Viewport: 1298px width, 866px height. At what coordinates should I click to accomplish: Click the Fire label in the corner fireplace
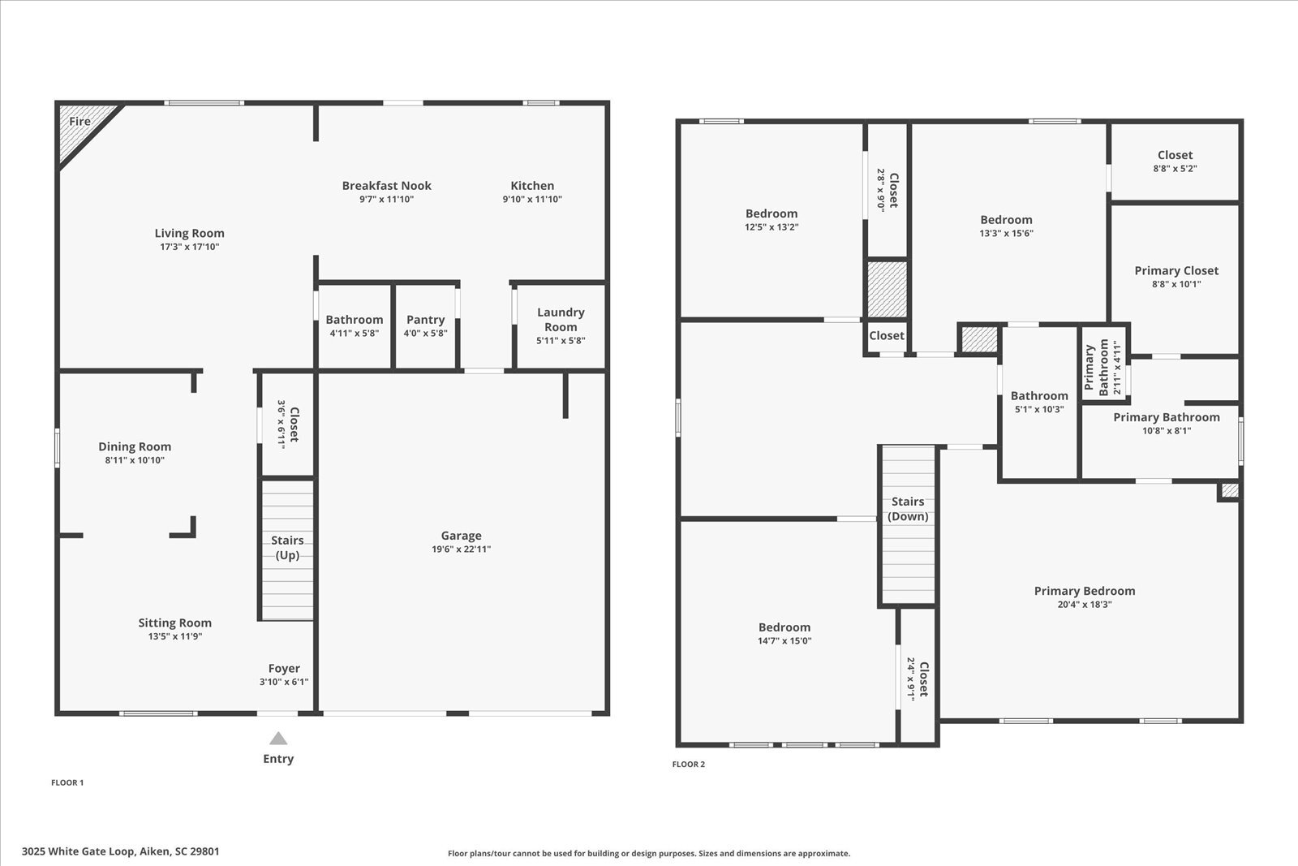[80, 122]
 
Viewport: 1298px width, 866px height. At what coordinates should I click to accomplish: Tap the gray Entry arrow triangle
[278, 739]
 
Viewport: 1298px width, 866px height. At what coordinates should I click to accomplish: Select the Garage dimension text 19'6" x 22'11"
[461, 549]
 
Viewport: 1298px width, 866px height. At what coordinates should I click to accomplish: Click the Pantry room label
[425, 320]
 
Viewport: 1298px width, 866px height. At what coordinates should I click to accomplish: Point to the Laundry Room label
[561, 320]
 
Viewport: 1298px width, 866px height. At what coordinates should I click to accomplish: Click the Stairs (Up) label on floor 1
[287, 548]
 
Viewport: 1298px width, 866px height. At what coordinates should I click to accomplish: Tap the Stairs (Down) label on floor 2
[908, 509]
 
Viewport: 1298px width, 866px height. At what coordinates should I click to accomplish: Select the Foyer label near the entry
[284, 669]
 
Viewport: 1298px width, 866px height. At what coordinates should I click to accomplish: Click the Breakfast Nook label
[386, 186]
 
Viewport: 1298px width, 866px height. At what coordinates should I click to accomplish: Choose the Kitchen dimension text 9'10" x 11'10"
[532, 200]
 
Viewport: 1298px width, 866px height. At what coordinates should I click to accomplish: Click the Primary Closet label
[1176, 271]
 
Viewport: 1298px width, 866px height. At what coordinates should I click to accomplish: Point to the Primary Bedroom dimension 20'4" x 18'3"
[1085, 605]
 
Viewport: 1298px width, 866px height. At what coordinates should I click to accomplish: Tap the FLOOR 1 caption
[67, 783]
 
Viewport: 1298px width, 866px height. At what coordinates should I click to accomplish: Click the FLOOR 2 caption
[689, 765]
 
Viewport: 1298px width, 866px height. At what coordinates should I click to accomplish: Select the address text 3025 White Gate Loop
[120, 851]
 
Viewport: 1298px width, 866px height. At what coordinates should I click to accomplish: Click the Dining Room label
[135, 446]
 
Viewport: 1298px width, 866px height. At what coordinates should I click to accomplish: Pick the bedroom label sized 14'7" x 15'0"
[784, 627]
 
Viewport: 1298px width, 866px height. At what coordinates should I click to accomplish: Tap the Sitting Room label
[174, 623]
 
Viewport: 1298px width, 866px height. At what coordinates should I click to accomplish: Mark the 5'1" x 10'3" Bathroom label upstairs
[1039, 396]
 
